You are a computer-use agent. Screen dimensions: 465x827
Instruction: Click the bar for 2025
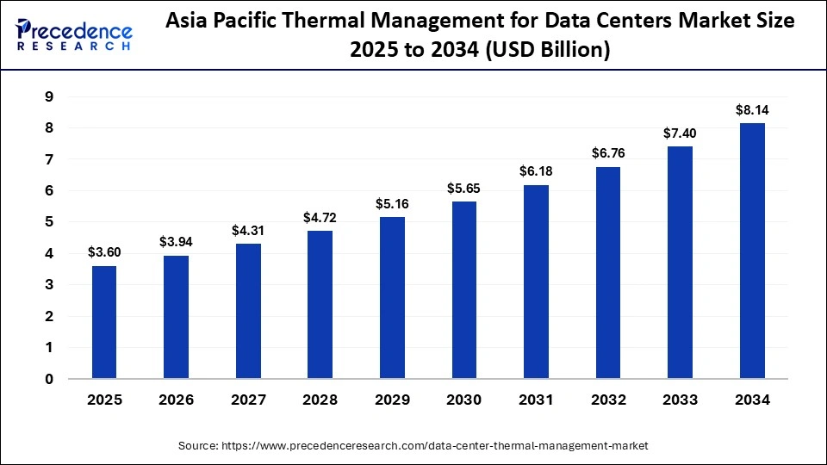coord(103,321)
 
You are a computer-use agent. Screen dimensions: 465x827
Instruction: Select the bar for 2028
coord(320,304)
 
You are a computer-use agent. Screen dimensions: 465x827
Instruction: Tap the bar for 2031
coord(536,281)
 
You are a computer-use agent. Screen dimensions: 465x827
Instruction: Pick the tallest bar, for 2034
coord(751,250)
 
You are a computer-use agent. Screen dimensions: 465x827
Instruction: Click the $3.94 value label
coord(176,242)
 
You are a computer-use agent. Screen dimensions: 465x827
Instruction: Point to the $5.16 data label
coord(391,204)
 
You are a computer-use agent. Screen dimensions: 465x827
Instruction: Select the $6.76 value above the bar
coord(607,153)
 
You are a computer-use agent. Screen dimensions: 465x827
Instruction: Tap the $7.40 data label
coord(680,133)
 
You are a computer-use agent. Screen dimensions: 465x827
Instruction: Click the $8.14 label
coord(751,110)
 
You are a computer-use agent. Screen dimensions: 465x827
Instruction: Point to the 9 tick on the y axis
coord(50,96)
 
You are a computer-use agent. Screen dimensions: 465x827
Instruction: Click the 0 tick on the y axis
coord(50,379)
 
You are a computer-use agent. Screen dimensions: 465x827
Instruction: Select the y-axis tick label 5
coord(50,222)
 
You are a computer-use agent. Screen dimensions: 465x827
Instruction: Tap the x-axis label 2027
coord(247,400)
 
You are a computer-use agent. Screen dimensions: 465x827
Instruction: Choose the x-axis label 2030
coord(463,400)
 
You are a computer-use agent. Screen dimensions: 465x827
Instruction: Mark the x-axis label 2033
coord(680,400)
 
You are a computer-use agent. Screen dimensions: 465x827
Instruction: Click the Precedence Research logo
coord(74,34)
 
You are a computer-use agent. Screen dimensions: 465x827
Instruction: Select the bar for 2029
coord(391,297)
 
